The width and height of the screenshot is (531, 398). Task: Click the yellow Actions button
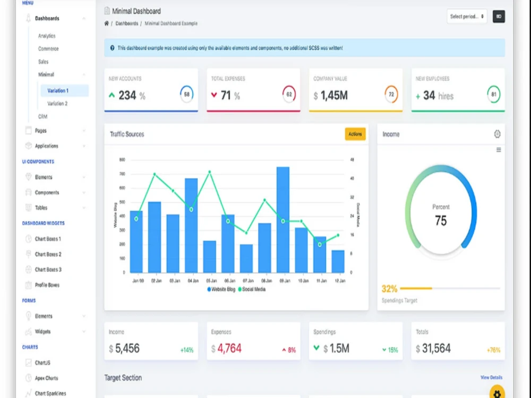(x=355, y=134)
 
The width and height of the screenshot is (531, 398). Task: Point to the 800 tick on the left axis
(x=122, y=160)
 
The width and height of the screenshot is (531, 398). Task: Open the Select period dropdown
(x=467, y=16)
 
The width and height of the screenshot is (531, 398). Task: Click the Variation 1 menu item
(x=58, y=91)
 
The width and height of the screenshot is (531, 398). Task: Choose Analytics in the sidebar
(x=47, y=36)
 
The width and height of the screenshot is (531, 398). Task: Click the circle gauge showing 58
(x=186, y=95)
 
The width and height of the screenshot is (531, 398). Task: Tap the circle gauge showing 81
(x=494, y=95)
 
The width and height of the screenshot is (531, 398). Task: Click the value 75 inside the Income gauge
(x=441, y=221)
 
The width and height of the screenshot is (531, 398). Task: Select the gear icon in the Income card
(x=497, y=134)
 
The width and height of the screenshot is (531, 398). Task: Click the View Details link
(x=491, y=378)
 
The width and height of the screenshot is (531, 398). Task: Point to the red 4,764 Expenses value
(x=229, y=349)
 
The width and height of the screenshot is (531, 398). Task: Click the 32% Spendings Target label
(x=389, y=289)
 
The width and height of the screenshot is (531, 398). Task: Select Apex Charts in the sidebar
(x=46, y=378)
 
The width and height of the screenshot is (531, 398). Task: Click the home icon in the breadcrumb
(x=107, y=24)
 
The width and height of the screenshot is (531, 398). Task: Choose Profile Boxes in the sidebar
(x=47, y=285)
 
